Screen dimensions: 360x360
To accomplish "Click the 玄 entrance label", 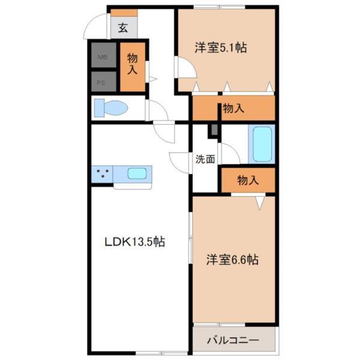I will coord(122,28).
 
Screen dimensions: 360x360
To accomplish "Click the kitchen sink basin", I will coord(136,174).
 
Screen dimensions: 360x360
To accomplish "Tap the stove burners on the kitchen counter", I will coord(102,174).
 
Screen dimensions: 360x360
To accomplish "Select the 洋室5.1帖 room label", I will coord(221,48).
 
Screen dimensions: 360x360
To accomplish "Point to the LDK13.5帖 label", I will coord(135,242).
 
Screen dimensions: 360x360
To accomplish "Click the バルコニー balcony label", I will coord(233,340).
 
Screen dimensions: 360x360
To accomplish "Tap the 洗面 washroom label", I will coord(204,160).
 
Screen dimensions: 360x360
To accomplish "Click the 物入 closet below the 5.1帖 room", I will coord(233,109).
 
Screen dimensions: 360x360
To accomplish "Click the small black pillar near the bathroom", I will coord(213,130).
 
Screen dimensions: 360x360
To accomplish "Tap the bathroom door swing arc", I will coord(230,153).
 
